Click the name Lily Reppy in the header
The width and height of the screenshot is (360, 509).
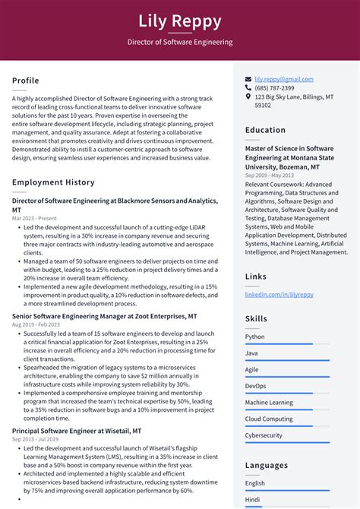pyautogui.click(x=180, y=21)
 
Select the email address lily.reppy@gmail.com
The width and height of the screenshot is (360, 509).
pyautogui.click(x=283, y=79)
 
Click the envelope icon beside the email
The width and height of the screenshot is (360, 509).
pyautogui.click(x=248, y=79)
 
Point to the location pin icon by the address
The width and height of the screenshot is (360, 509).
pyautogui.click(x=248, y=97)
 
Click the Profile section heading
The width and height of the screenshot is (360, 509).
pyautogui.click(x=25, y=81)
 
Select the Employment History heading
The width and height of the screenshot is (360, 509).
pyautogui.click(x=53, y=182)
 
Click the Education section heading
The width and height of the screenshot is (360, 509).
pyautogui.click(x=265, y=130)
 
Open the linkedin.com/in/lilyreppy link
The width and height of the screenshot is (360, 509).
pyautogui.click(x=279, y=294)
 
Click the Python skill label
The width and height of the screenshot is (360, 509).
pyautogui.click(x=255, y=337)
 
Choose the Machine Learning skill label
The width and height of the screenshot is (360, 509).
pyautogui.click(x=269, y=403)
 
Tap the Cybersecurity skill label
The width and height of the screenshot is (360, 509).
pyautogui.click(x=264, y=435)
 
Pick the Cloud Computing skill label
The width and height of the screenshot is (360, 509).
pyautogui.click(x=269, y=419)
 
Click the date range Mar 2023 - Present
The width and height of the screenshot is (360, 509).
pyautogui.click(x=34, y=218)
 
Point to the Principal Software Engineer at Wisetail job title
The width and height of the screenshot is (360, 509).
pyautogui.click(x=77, y=431)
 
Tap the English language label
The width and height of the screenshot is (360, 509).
pyautogui.click(x=255, y=483)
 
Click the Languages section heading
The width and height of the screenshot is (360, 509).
pyautogui.click(x=267, y=465)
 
